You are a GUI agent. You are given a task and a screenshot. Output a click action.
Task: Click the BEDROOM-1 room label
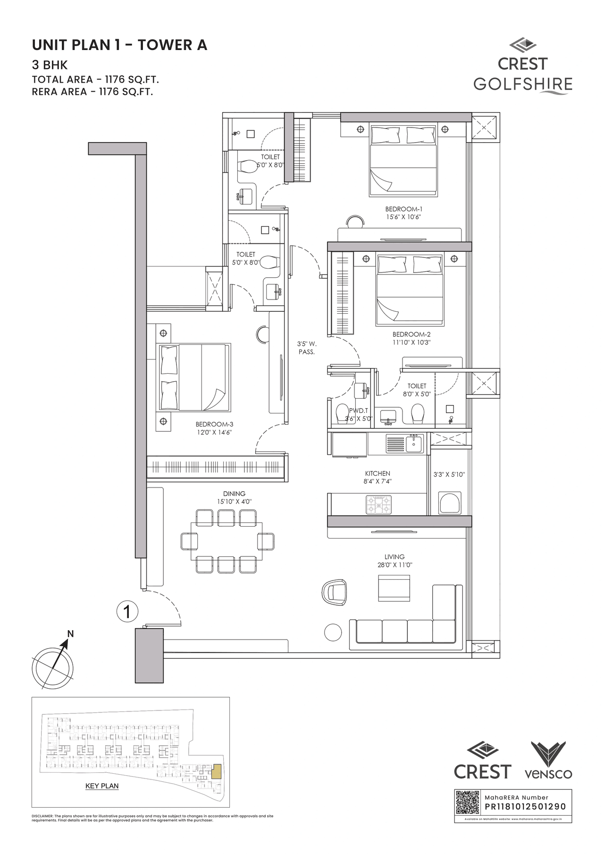click(x=403, y=209)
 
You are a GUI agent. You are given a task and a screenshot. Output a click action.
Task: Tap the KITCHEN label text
click(x=377, y=473)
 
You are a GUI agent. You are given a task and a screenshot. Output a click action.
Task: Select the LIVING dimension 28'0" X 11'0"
click(x=394, y=564)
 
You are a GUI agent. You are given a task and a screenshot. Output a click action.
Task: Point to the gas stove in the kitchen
click(x=379, y=504)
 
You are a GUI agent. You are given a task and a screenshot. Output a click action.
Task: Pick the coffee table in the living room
click(x=394, y=588)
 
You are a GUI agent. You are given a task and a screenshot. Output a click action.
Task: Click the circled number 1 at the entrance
click(x=126, y=612)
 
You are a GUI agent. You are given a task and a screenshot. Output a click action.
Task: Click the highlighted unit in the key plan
click(x=217, y=772)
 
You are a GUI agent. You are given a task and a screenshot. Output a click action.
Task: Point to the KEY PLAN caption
click(x=102, y=786)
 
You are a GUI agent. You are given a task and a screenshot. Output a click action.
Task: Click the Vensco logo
click(x=548, y=761)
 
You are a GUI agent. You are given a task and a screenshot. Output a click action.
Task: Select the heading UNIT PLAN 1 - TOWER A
click(x=120, y=45)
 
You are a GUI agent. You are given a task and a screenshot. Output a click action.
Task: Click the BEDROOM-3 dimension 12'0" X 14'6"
click(x=214, y=432)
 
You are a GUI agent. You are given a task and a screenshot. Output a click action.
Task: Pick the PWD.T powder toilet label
click(x=358, y=411)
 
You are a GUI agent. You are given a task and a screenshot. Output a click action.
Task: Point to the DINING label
click(x=235, y=494)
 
